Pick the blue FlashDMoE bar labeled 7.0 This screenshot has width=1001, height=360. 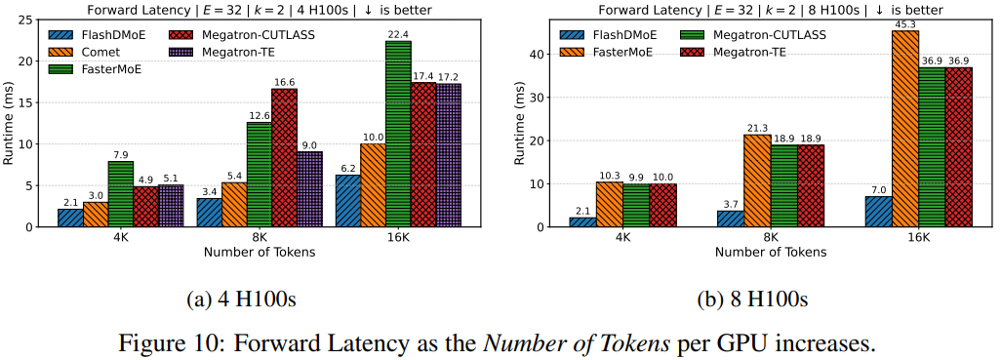tap(877, 212)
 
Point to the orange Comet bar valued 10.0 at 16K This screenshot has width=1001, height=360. tap(372, 185)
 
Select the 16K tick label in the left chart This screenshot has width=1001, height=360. tap(396, 237)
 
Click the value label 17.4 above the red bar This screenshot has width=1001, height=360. tap(422, 75)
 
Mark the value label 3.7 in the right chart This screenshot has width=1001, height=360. tap(730, 203)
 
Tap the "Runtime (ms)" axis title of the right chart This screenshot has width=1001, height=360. tap(519, 124)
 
